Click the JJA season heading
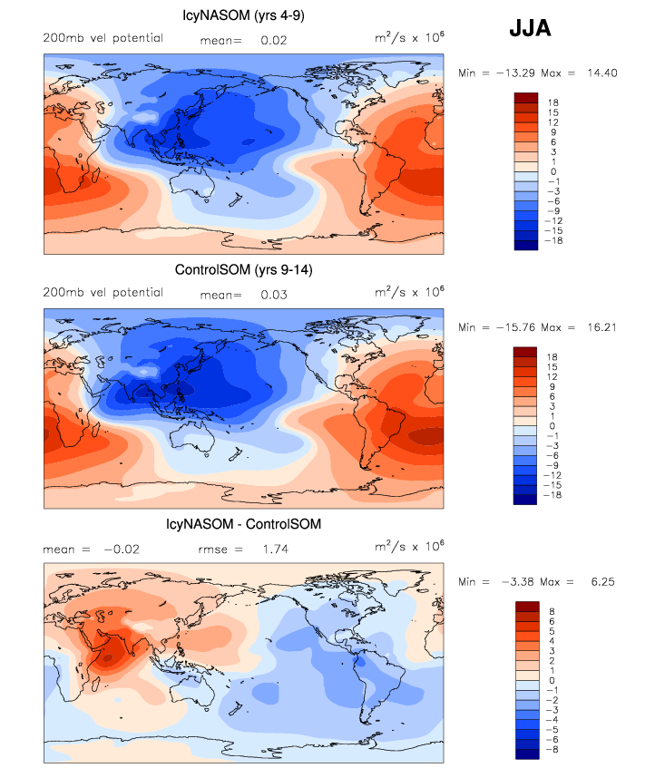tap(530, 29)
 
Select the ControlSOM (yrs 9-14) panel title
tap(243, 269)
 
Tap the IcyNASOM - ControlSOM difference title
tap(243, 524)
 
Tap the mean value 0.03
tap(273, 295)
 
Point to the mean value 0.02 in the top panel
tap(273, 40)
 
